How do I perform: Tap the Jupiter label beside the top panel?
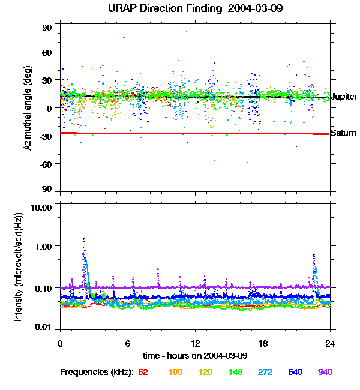344,97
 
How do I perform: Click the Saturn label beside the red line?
344,133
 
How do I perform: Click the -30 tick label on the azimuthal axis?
46,135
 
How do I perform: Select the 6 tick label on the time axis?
128,343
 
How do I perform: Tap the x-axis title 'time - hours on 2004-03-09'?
196,355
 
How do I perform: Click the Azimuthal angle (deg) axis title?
27,108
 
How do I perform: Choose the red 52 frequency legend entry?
143,373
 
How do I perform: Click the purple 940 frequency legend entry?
325,373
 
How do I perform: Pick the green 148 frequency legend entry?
235,373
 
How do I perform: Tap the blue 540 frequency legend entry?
295,373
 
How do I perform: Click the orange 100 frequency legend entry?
175,373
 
